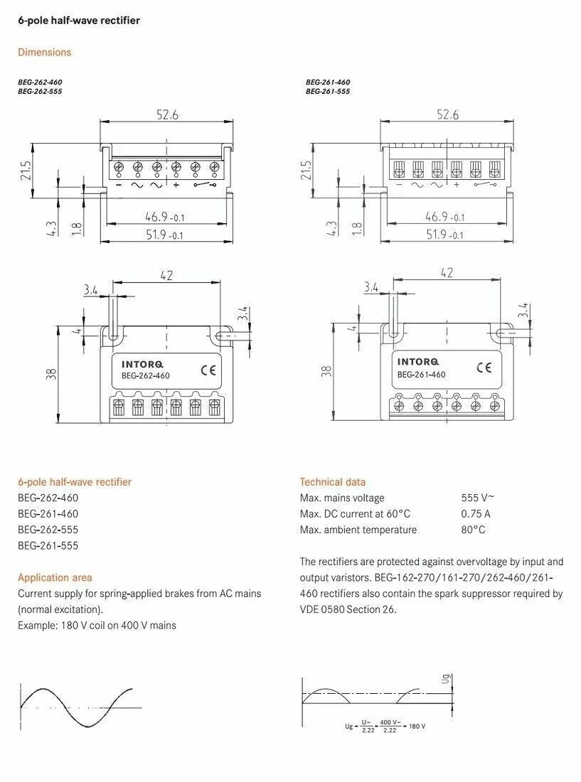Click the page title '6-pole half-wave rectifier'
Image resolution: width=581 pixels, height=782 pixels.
[79, 21]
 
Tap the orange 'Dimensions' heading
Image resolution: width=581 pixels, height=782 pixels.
[44, 53]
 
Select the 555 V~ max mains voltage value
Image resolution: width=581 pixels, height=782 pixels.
[478, 498]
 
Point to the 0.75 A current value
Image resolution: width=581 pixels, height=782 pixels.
[476, 514]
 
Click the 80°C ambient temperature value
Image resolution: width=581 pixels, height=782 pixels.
[474, 530]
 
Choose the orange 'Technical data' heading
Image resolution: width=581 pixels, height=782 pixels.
[333, 482]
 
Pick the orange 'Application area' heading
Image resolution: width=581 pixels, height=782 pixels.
[55, 577]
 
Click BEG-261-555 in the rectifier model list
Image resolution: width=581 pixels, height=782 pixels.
[48, 545]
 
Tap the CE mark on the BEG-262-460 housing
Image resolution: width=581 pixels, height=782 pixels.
[208, 370]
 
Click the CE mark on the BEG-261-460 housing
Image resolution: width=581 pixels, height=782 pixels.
[484, 368]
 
